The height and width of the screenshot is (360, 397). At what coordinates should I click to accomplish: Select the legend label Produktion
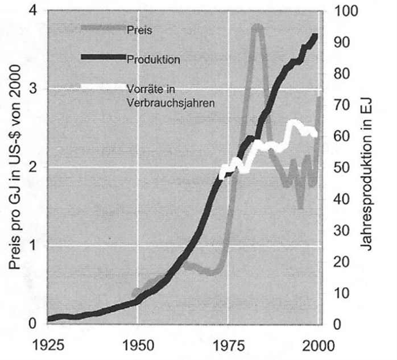(x=151, y=59)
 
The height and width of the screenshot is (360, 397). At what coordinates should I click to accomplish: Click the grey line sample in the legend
(x=102, y=27)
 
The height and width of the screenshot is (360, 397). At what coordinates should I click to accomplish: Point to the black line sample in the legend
(x=102, y=57)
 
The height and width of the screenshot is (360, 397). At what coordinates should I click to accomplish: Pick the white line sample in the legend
(x=102, y=86)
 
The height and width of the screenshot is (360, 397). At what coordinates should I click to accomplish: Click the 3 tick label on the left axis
(x=32, y=89)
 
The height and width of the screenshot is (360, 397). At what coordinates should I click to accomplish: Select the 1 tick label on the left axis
(x=32, y=246)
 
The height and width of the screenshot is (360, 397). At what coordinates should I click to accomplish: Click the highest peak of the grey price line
(x=258, y=26)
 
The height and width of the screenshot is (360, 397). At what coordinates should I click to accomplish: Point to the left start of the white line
(x=221, y=174)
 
